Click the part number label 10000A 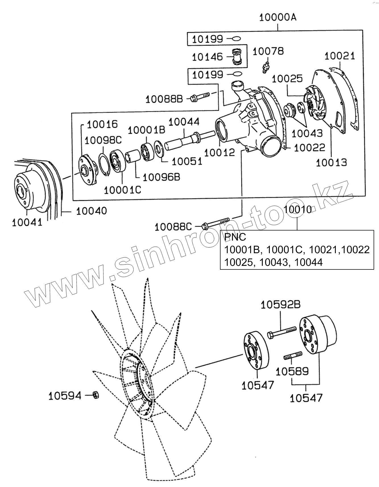coord(277,17)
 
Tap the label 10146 coord(207,57)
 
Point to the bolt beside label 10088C coord(216,223)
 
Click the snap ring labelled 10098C coord(104,165)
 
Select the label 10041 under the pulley coord(27,222)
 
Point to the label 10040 coord(92,211)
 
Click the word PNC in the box coord(235,237)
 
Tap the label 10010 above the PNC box coord(297,209)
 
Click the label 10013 coord(332,162)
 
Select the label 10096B coord(161,177)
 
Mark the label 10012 coord(219,152)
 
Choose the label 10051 coord(187,161)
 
